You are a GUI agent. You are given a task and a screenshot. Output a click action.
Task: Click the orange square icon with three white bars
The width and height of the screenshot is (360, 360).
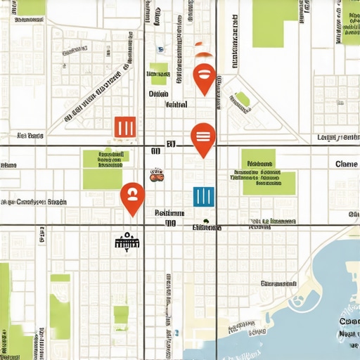point(124,127)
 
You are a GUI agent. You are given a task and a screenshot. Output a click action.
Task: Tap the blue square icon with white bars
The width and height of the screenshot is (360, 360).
point(203,196)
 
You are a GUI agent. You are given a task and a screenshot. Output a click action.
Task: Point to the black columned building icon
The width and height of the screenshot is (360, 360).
point(127,243)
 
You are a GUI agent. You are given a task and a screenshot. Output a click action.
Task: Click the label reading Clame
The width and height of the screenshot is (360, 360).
point(347,164)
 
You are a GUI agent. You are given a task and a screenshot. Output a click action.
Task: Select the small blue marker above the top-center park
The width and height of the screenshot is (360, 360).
point(160,49)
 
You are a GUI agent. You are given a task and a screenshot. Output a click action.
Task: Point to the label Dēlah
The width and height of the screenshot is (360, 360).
point(158,93)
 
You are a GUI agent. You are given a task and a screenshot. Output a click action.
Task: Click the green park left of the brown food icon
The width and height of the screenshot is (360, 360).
point(103,169)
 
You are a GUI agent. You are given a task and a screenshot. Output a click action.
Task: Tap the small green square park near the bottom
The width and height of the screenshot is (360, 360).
point(121,314)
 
